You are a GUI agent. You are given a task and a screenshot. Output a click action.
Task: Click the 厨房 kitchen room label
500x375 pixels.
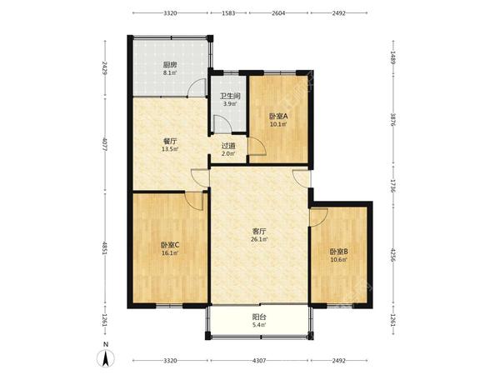click(x=170, y=65)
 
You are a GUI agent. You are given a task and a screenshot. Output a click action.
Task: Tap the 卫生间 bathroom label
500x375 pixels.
click(x=230, y=96)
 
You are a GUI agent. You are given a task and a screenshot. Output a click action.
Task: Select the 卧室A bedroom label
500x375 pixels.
click(x=278, y=117)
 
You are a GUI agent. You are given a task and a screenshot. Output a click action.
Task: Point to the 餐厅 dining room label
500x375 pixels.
click(x=170, y=142)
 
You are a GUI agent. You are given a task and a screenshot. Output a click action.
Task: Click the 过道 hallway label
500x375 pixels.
click(x=228, y=147)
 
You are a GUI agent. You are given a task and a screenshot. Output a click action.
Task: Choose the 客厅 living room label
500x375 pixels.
click(x=259, y=231)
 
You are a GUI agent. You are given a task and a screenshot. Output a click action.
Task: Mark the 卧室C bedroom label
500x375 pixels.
click(x=170, y=245)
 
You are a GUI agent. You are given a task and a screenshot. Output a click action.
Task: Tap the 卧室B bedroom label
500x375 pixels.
click(x=338, y=252)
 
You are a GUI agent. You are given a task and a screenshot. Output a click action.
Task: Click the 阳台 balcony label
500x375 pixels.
click(x=259, y=317)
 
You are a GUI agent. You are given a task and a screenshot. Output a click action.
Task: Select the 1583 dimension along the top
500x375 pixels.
click(x=228, y=13)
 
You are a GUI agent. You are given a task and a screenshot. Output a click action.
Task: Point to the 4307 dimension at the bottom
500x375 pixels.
click(x=259, y=361)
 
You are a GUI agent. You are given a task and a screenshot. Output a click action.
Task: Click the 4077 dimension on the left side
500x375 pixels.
click(x=104, y=144)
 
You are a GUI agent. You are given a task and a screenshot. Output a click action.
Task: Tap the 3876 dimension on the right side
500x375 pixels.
click(x=393, y=119)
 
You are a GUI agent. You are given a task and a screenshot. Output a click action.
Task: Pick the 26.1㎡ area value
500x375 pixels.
click(x=259, y=239)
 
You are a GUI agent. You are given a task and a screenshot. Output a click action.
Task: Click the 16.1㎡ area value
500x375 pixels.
click(x=170, y=253)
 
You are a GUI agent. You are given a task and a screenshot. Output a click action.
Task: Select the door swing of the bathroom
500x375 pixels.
click(x=222, y=123)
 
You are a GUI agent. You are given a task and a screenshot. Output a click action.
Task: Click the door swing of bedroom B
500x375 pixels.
click(x=319, y=217)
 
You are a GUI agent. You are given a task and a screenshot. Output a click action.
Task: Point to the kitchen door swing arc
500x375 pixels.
click(x=197, y=87)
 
